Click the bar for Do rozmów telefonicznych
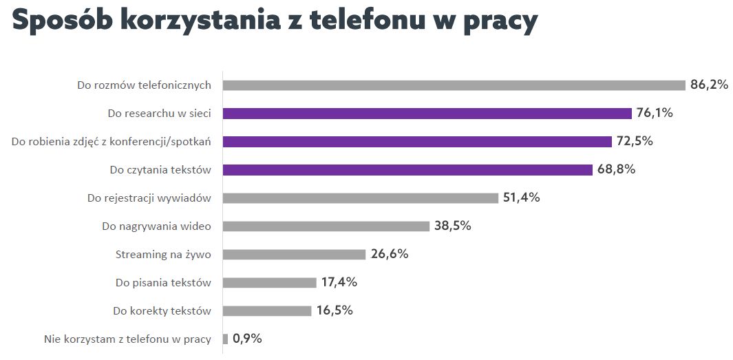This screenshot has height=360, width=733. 454,85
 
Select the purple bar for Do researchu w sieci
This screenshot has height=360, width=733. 427,114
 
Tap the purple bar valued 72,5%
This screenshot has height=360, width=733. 417,142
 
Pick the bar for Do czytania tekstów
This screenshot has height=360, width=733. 407,170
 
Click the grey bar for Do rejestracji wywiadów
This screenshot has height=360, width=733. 360,198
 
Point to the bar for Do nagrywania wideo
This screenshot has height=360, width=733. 326,226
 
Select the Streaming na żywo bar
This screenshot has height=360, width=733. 294,255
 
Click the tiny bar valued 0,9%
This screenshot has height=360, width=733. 225,339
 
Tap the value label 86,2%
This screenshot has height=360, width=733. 709,85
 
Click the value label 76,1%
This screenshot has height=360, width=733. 654,113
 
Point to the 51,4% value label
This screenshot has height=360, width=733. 521,198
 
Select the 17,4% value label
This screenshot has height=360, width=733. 339,282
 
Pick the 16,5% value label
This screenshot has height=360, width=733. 334,310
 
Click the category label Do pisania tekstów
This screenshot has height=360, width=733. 163,283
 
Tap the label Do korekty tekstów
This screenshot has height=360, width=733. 162,311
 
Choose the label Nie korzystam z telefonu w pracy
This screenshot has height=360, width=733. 127,339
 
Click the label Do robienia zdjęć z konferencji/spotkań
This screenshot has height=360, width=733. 111,142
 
